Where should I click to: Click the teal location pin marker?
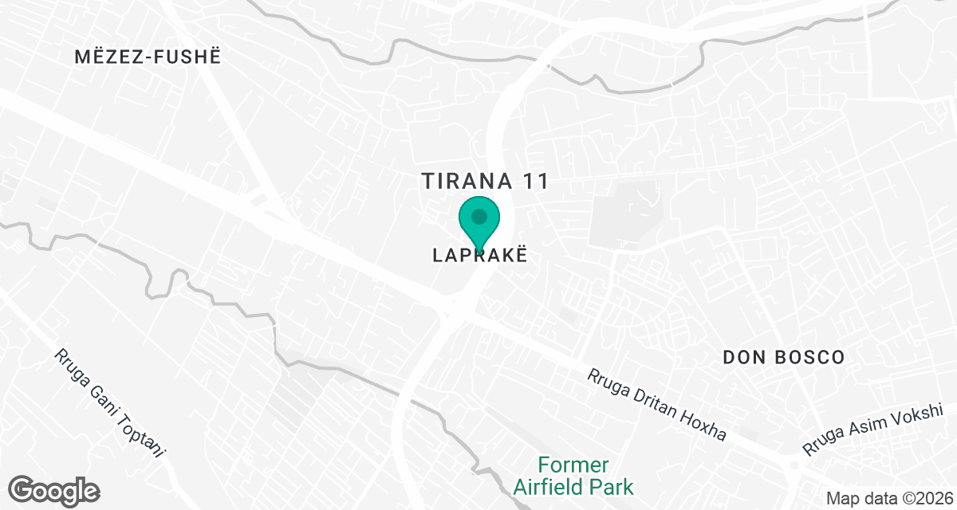pos(479,220)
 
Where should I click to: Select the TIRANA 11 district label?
pos(486,181)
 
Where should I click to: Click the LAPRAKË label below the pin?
pos(480,256)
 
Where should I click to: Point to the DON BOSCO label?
pos(783,357)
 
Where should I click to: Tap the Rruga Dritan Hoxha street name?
pos(657,405)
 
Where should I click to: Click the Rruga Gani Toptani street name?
pos(110,404)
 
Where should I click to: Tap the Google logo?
pos(55,489)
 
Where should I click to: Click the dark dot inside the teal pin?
pos(479,216)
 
